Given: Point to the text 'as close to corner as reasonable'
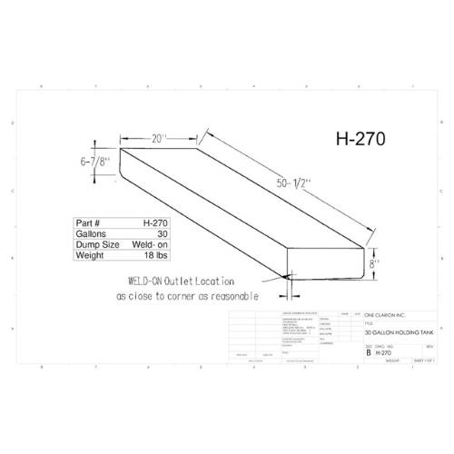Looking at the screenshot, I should [x=187, y=296].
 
